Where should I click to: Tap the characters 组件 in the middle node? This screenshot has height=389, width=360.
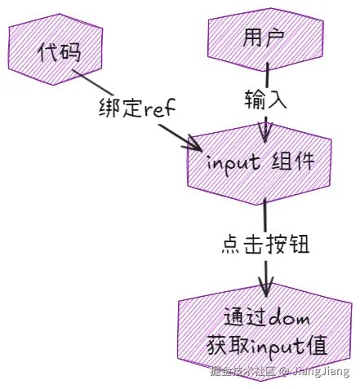pos(292,161)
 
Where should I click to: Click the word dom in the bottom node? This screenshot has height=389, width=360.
pos(287,316)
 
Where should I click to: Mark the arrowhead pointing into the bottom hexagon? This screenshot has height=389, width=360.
pos(265,286)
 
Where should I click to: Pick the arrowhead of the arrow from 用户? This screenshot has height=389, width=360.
pos(265,132)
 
